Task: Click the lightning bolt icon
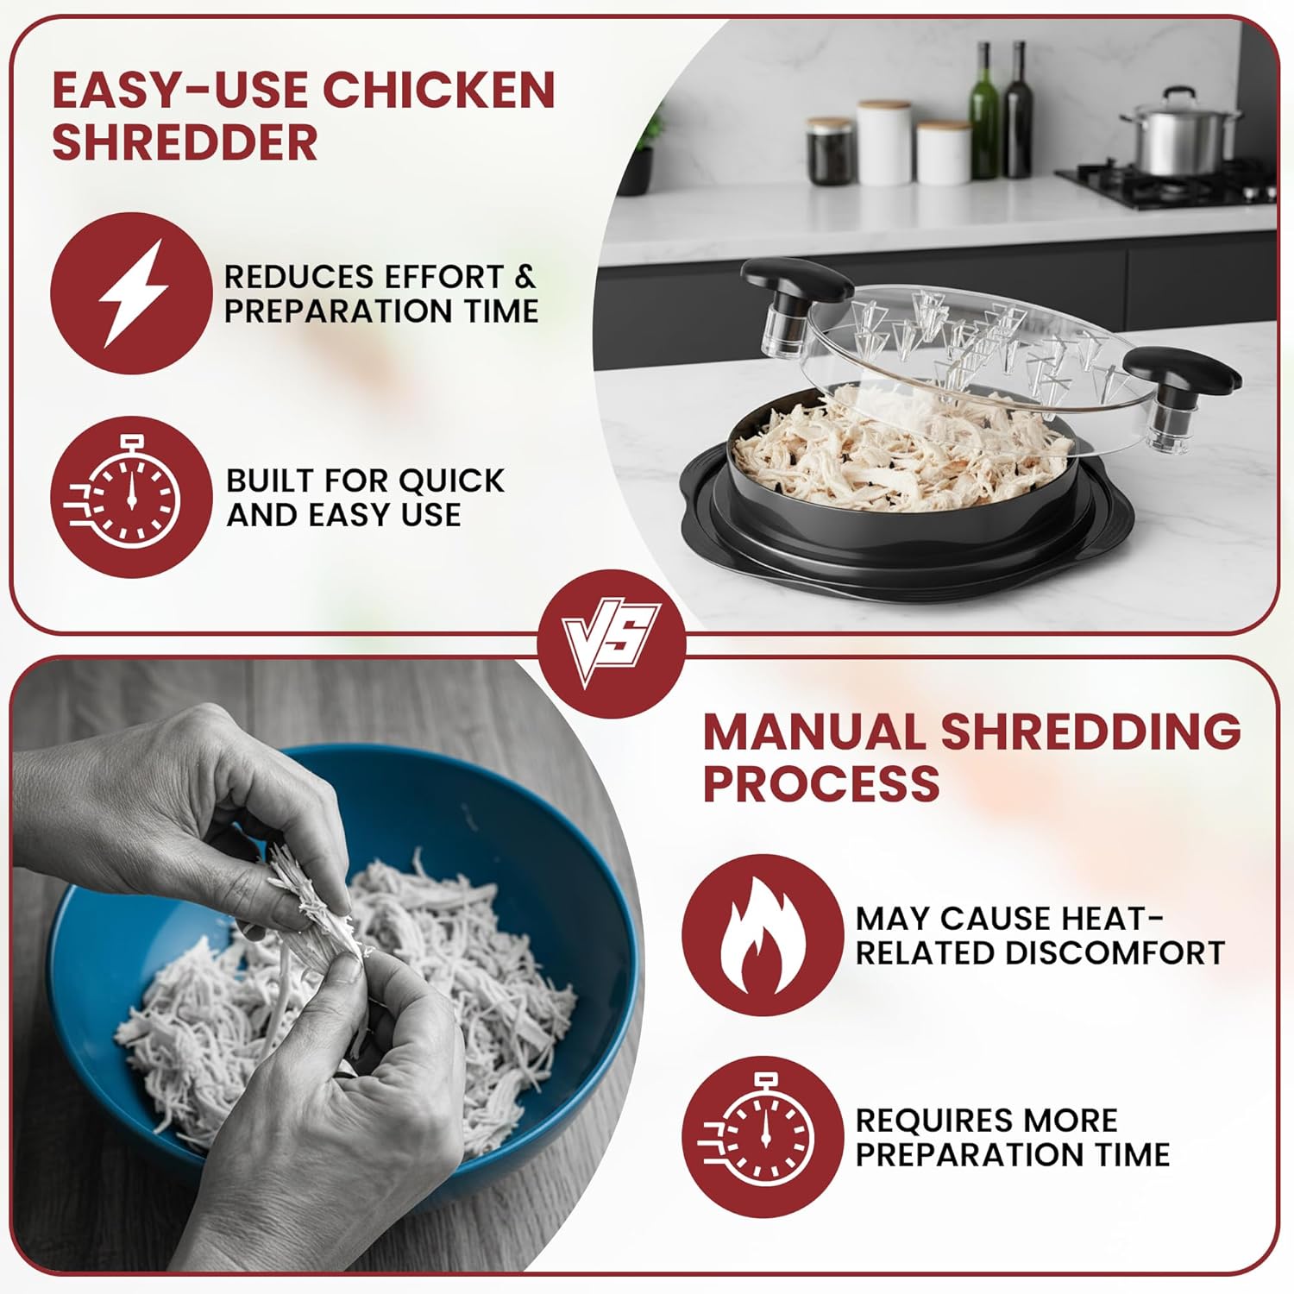point(131,293)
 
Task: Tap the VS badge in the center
point(611,644)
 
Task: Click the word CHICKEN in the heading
point(438,90)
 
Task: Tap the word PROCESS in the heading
point(821,782)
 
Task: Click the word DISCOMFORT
point(1115,952)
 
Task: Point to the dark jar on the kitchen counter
point(832,150)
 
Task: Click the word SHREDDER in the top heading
point(185,142)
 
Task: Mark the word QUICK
point(451,481)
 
